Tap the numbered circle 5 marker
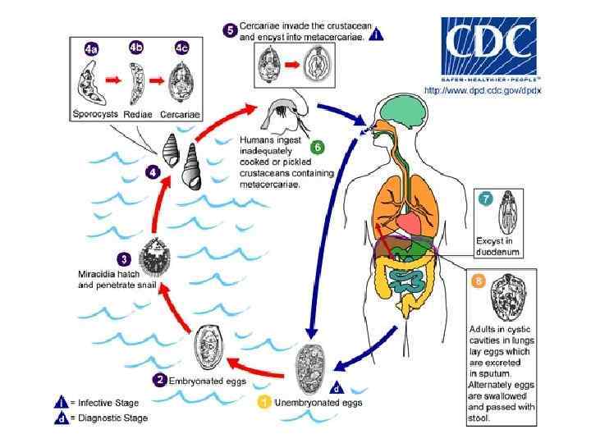(230, 30)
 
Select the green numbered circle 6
(318, 148)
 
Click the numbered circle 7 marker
(486, 198)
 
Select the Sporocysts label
(96, 115)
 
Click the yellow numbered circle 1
(264, 403)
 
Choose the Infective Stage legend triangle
(60, 403)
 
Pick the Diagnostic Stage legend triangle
(60, 418)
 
